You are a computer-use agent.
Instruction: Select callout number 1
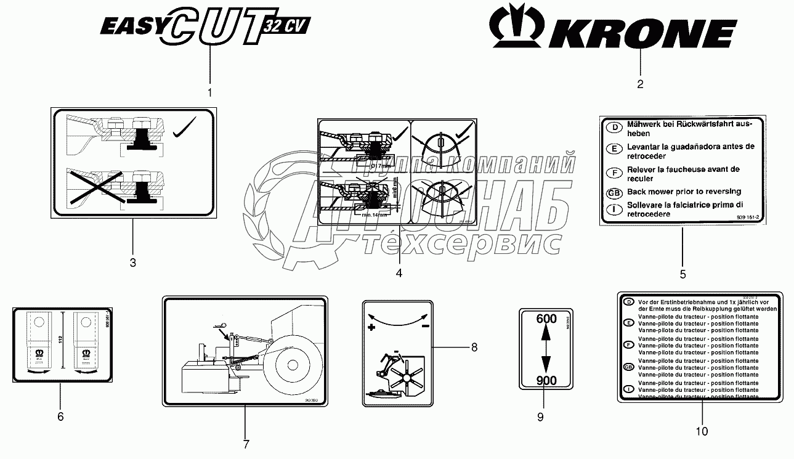(x=209, y=93)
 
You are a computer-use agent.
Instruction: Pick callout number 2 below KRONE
(x=640, y=84)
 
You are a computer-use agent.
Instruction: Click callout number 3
(x=132, y=263)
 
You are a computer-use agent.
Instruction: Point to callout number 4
(x=399, y=272)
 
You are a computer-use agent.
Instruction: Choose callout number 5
(x=682, y=274)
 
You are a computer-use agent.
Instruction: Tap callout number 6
(x=60, y=416)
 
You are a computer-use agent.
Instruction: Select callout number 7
(x=245, y=444)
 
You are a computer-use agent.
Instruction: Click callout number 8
(x=474, y=347)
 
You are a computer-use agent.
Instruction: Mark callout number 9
(x=540, y=417)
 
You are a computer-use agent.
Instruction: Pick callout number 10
(x=702, y=431)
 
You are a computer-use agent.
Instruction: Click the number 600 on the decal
(x=546, y=319)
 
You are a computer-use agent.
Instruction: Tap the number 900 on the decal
(x=546, y=380)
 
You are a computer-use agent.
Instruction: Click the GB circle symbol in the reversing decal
(x=614, y=193)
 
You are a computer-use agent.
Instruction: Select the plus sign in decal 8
(x=371, y=327)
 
